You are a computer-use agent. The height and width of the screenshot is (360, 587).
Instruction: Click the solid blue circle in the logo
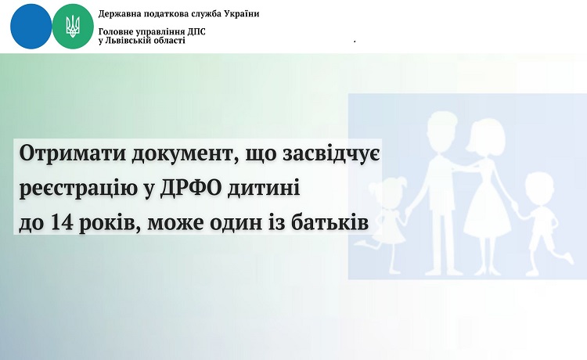31,26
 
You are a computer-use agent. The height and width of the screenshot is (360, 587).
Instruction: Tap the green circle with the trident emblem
73,27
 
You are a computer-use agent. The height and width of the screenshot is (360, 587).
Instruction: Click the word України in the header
242,14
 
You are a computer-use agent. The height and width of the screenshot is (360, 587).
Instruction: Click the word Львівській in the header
126,41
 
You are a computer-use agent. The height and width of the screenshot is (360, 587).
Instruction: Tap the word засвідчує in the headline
331,154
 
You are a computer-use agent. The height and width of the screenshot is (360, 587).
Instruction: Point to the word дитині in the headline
264,189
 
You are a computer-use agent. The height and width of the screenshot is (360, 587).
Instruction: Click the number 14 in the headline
62,223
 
